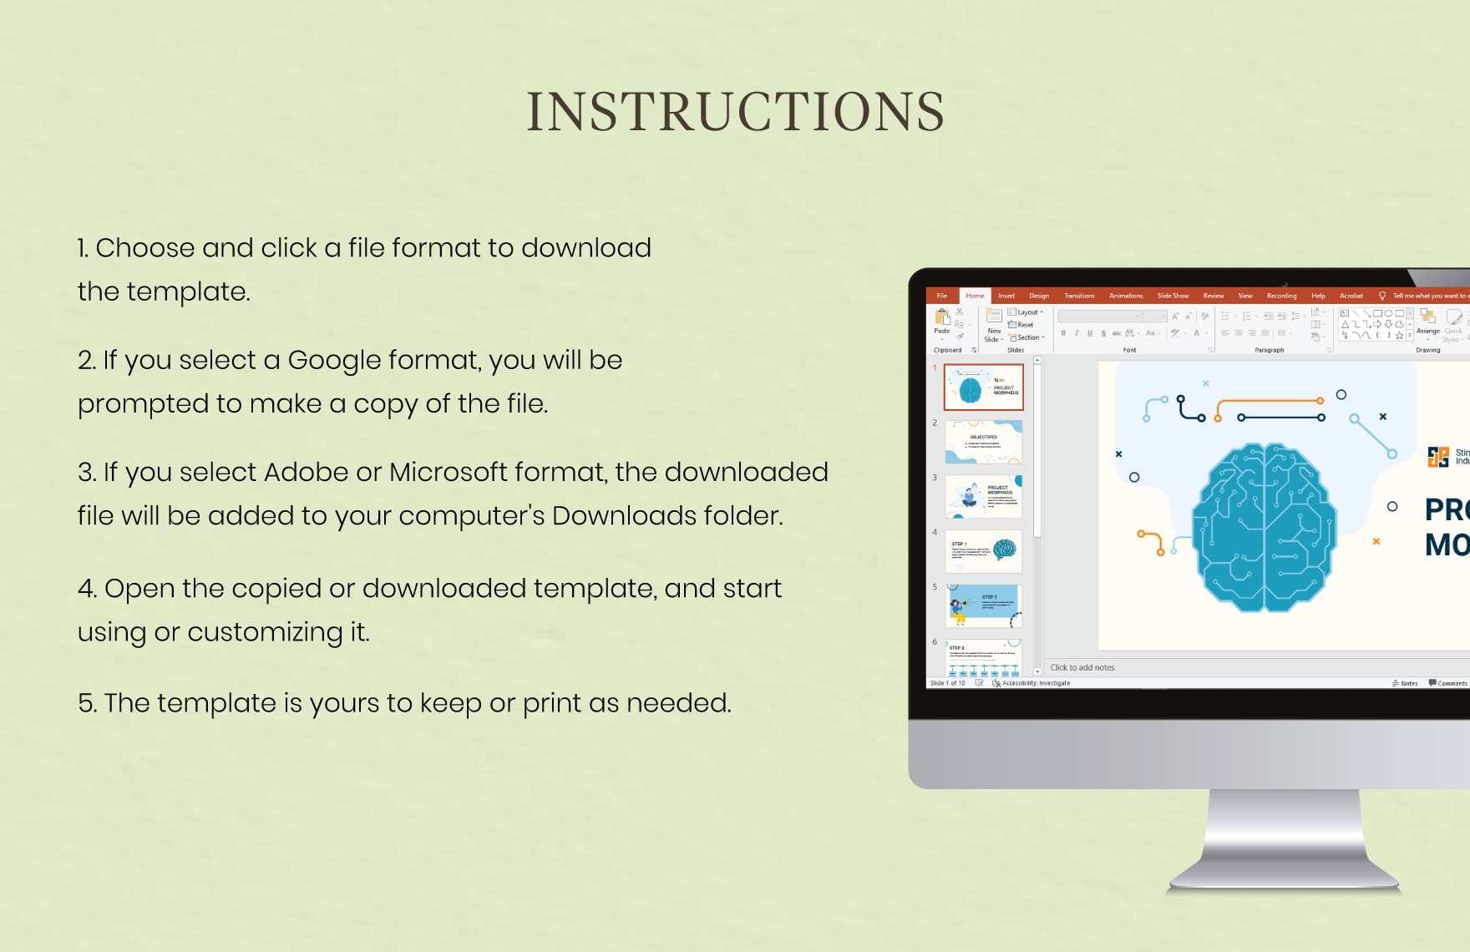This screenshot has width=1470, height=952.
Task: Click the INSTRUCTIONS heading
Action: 735,112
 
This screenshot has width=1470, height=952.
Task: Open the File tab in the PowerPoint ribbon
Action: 941,296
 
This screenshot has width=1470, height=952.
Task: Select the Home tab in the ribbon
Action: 975,296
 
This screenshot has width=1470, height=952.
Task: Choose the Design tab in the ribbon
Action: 1039,296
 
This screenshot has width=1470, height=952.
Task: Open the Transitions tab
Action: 1079,296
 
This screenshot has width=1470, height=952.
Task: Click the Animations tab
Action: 1126,296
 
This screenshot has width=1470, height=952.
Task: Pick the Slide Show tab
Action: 1173,296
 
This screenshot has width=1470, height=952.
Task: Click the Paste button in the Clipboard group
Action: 942,321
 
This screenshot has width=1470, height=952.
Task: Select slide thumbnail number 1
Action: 983,387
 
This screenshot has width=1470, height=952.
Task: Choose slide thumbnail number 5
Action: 983,605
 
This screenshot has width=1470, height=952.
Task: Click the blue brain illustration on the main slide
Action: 1264,526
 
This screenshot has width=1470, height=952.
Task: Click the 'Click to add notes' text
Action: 1082,667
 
